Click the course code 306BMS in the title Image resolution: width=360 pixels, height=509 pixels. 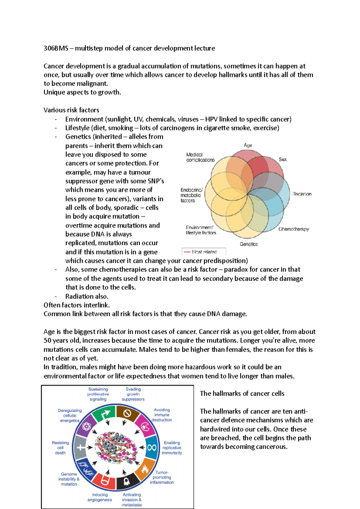pyautogui.click(x=56, y=48)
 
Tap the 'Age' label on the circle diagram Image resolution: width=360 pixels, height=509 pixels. pyautogui.click(x=248, y=145)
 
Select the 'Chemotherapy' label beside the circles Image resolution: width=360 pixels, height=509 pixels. pyautogui.click(x=293, y=229)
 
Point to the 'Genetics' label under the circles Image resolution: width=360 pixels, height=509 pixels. pyautogui.click(x=249, y=244)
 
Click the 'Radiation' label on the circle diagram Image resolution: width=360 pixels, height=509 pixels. pyautogui.click(x=302, y=194)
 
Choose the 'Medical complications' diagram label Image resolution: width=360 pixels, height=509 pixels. pyautogui.click(x=200, y=157)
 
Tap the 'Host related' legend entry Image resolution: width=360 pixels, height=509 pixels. pyautogui.click(x=204, y=252)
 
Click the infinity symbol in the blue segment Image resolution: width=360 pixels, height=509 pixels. pyautogui.click(x=152, y=448)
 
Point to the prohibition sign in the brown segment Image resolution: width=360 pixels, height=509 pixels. pyautogui.click(x=127, y=413)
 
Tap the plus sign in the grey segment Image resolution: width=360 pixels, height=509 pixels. pyautogui.click(x=81, y=448)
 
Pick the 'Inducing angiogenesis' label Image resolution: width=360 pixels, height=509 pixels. pyautogui.click(x=100, y=497)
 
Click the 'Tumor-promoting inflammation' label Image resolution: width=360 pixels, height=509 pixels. pyautogui.click(x=162, y=477)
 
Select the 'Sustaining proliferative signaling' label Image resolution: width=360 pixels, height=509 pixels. pyautogui.click(x=98, y=394)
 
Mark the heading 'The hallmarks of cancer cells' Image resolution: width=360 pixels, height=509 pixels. pyautogui.click(x=242, y=393)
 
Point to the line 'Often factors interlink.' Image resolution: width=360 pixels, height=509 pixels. pyautogui.click(x=76, y=305)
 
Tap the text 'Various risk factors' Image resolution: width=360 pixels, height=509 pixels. pyautogui.click(x=71, y=110)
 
